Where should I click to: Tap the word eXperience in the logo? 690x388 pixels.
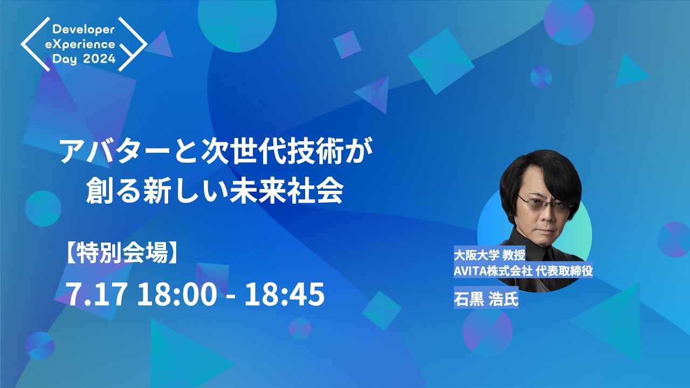(84, 44)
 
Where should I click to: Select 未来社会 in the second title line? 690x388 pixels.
(300, 192)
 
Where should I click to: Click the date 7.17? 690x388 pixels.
(96, 295)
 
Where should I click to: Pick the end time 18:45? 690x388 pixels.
(285, 295)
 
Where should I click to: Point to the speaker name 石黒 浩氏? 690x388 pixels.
(486, 298)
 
